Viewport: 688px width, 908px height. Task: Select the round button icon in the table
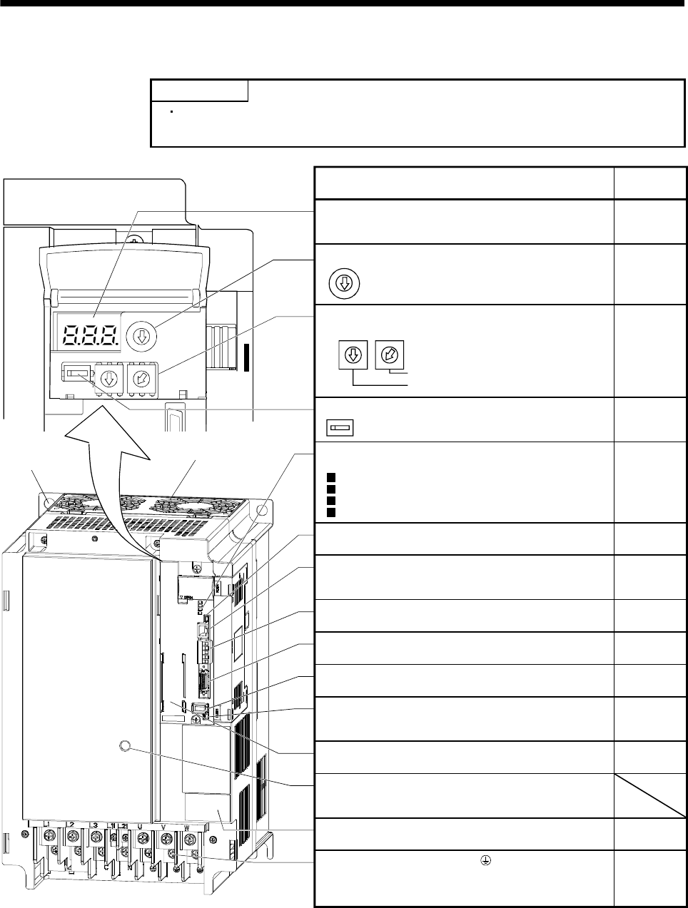pos(345,284)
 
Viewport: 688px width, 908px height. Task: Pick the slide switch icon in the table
pos(340,428)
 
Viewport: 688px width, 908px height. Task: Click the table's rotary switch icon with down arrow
pos(353,354)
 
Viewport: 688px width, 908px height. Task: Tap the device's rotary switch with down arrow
pos(109,378)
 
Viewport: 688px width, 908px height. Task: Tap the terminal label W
pos(187,828)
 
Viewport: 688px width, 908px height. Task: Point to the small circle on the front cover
pos(124,746)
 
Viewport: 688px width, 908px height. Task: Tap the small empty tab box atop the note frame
pos(199,91)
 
